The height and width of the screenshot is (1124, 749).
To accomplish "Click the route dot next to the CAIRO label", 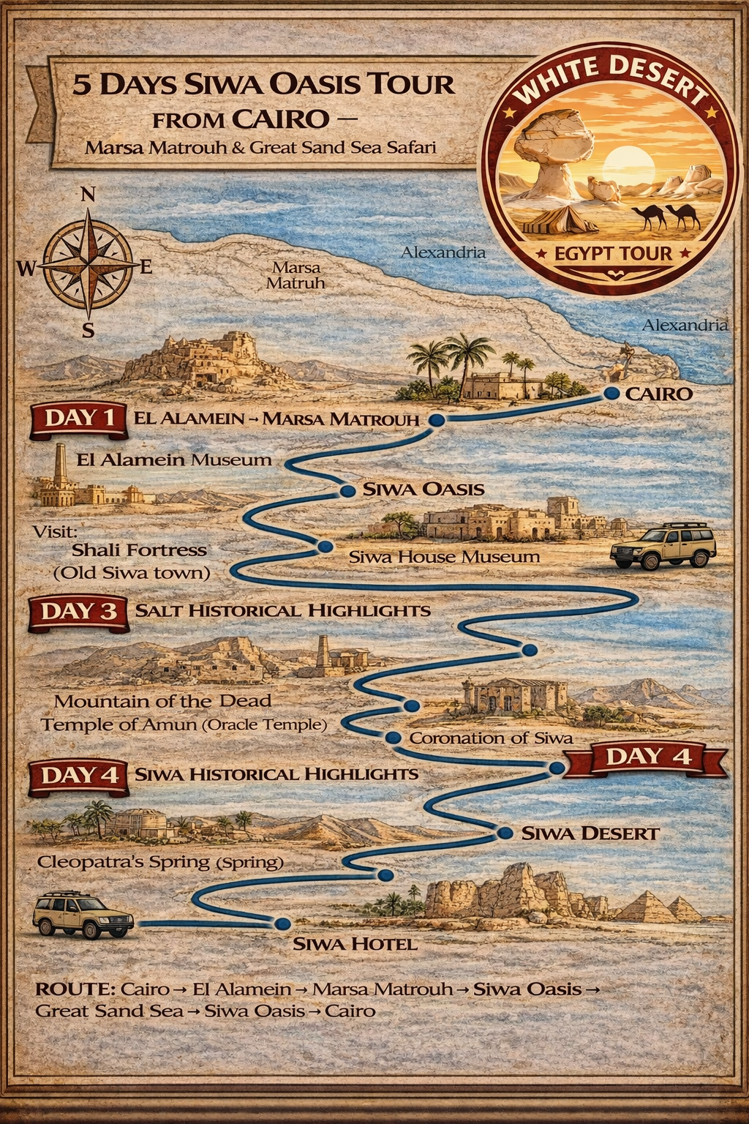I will pyautogui.click(x=612, y=394).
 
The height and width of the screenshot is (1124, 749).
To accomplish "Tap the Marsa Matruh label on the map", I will pyautogui.click(x=296, y=275).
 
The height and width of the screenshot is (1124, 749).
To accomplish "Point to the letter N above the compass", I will pyautogui.click(x=87, y=194).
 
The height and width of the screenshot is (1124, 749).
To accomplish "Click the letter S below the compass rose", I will pyautogui.click(x=88, y=331).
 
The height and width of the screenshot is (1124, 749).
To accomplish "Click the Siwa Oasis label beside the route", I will pyautogui.click(x=424, y=489).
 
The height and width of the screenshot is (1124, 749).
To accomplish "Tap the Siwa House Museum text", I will pyautogui.click(x=444, y=557).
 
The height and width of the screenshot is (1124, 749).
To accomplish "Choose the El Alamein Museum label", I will pyautogui.click(x=174, y=460).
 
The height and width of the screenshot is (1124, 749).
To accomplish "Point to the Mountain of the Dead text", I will pyautogui.click(x=162, y=700).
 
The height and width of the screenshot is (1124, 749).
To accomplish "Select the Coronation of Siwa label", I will pyautogui.click(x=490, y=738).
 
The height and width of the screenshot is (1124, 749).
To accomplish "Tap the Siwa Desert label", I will pyautogui.click(x=590, y=833).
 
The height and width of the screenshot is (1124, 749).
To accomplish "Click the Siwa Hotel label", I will pyautogui.click(x=355, y=943).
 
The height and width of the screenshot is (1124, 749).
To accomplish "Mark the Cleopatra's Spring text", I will pyautogui.click(x=159, y=861).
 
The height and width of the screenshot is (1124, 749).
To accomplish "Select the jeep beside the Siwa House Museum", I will pyautogui.click(x=663, y=546).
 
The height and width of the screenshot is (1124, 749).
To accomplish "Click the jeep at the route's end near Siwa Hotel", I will pyautogui.click(x=83, y=915).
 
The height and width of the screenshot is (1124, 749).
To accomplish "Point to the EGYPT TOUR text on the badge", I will pyautogui.click(x=613, y=254).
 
